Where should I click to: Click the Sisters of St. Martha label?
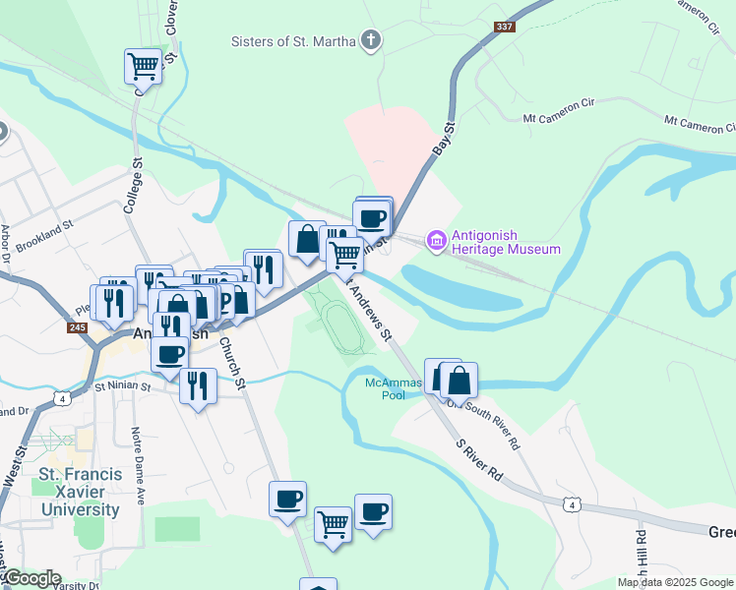[x=292, y=41]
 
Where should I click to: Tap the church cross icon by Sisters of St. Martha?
[x=370, y=40]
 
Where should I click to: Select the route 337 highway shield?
[x=506, y=27]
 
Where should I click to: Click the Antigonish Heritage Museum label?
[x=505, y=243]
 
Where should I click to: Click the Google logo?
[x=31, y=578]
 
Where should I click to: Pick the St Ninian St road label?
[x=124, y=386]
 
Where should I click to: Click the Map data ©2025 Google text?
[x=675, y=582]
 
